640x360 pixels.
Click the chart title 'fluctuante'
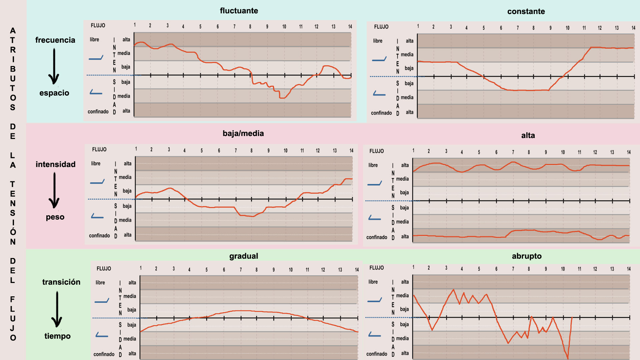point(239,11)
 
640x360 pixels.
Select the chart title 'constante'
point(526,11)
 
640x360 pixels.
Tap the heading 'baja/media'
point(243,133)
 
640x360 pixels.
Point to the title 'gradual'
point(244,256)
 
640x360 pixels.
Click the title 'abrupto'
point(527,256)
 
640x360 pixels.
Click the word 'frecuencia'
point(55,40)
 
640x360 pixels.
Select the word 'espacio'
point(54,93)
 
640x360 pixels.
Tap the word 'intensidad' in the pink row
point(56,164)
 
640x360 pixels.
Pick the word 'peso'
point(55,217)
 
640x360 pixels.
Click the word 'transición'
point(61,282)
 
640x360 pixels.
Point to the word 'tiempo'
point(57,336)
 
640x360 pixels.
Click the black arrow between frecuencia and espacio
point(54,66)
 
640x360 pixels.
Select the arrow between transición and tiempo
point(57,309)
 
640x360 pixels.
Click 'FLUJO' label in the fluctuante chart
point(98,25)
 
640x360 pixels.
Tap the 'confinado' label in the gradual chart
point(104,354)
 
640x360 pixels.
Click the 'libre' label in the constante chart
point(378,41)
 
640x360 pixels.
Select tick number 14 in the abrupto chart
point(629,269)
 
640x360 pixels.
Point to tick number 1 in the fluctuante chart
point(135,25)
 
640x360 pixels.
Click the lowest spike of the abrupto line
point(567,358)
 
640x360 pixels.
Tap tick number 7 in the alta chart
point(513,152)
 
